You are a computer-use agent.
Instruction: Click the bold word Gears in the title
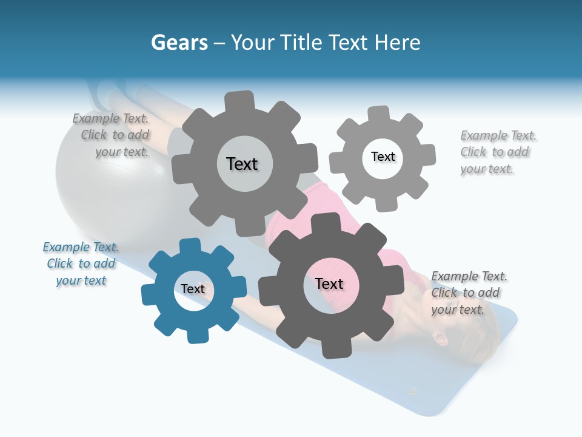tap(179, 42)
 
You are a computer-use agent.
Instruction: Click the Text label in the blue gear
tap(193, 289)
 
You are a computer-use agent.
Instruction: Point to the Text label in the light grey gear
tap(383, 157)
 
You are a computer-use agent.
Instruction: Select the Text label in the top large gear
tap(242, 164)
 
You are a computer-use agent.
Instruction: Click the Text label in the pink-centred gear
tap(329, 283)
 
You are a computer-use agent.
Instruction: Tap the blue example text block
tap(81, 264)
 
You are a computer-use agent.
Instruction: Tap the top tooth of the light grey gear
tap(378, 113)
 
